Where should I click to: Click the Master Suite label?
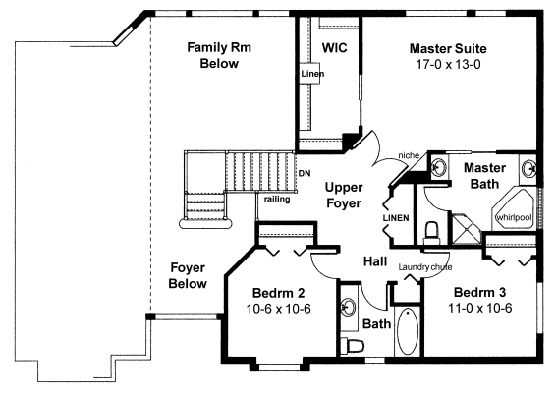(448, 48)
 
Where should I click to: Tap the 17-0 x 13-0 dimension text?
(448, 65)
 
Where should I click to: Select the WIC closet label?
(334, 48)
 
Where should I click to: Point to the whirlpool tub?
(514, 209)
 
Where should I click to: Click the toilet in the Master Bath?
(431, 233)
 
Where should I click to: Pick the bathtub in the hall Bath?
(408, 331)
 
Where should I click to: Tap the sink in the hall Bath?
(348, 307)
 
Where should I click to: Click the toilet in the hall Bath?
(352, 345)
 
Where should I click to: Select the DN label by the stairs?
(305, 173)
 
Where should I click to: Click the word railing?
(277, 199)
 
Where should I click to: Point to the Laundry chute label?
(425, 266)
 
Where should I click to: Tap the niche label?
(409, 155)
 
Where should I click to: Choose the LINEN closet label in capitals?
(396, 218)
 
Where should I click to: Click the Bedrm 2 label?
(278, 293)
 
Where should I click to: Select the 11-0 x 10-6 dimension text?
(479, 308)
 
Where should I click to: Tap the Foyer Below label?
(188, 275)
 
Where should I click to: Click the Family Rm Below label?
(219, 55)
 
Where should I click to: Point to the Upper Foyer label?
(344, 195)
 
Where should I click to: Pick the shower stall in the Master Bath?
(465, 228)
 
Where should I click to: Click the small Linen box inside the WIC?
(309, 74)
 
